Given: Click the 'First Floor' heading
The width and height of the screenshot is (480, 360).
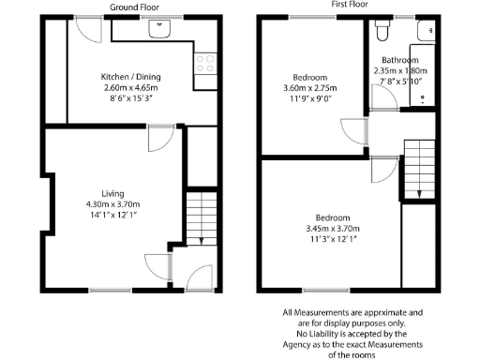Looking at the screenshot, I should (349, 5).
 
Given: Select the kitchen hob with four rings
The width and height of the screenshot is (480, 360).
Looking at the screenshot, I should (203, 66).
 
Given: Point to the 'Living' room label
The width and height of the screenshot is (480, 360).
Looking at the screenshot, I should (113, 194).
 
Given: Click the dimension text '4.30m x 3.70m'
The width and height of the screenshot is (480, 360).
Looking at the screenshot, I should (113, 205).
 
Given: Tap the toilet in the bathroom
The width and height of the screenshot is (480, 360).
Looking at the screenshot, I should (381, 33).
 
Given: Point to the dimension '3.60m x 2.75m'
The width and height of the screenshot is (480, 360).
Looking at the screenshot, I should (309, 89).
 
